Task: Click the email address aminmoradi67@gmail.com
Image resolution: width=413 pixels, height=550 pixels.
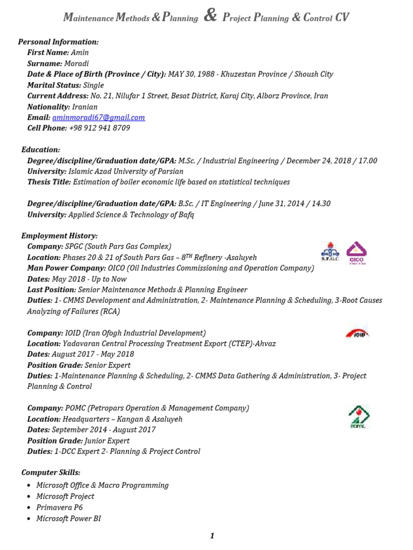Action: tap(98, 118)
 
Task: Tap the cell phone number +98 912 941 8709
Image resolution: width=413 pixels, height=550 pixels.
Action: tap(99, 128)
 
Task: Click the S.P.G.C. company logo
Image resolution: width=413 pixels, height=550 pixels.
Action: tap(330, 252)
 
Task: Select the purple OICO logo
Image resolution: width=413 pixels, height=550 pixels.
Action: tap(355, 252)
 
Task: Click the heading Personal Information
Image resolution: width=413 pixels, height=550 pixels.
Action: tap(59, 42)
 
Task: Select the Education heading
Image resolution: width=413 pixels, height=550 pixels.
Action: tap(41, 150)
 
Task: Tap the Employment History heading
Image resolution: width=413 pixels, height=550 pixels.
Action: tap(60, 236)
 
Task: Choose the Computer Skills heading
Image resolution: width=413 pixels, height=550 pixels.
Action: tap(51, 473)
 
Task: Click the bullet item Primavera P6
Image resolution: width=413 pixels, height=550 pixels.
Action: tap(60, 508)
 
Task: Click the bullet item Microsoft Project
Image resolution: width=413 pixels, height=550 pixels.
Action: tap(65, 496)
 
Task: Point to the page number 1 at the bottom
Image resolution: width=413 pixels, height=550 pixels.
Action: tap(212, 536)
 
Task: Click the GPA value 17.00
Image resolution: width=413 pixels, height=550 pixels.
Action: tap(366, 161)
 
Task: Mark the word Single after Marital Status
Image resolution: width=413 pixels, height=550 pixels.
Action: tap(94, 85)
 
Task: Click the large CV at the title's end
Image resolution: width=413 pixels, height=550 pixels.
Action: tap(342, 18)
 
